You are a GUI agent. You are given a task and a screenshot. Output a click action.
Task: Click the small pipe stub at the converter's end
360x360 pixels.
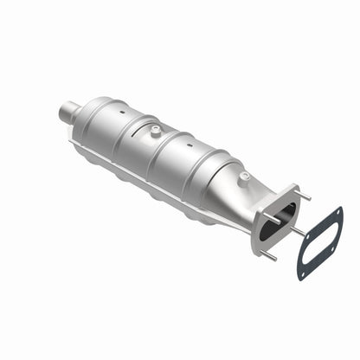(71, 110)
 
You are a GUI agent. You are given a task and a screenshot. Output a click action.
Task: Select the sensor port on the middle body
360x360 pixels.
(153, 131)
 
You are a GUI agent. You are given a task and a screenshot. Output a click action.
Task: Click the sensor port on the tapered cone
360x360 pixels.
(244, 177)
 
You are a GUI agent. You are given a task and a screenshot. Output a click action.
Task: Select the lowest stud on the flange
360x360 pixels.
(270, 257)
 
